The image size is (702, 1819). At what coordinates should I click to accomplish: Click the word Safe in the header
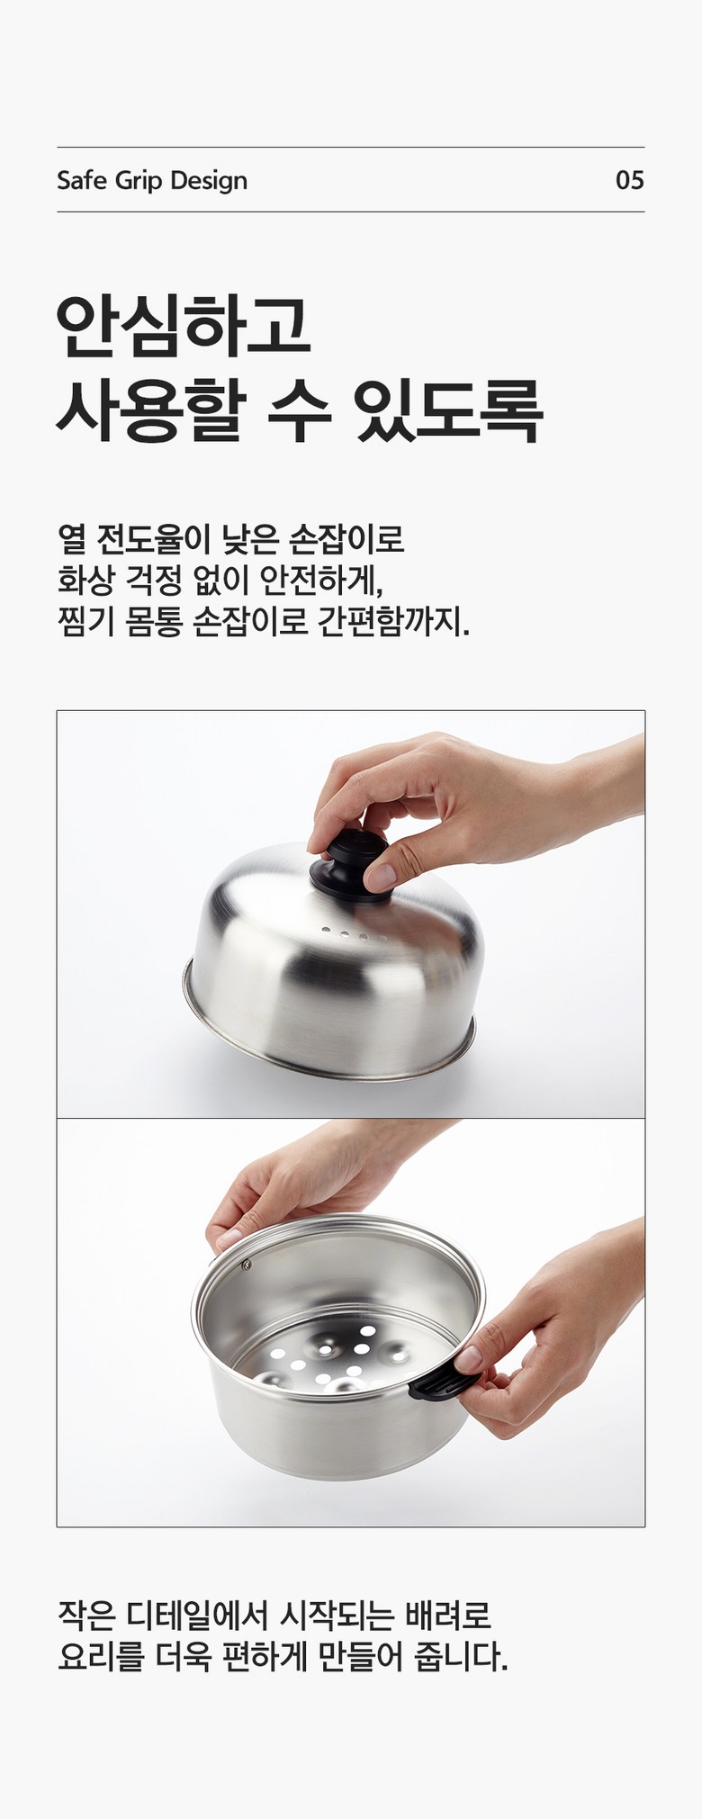76,180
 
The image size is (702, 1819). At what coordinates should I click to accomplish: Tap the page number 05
629,180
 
